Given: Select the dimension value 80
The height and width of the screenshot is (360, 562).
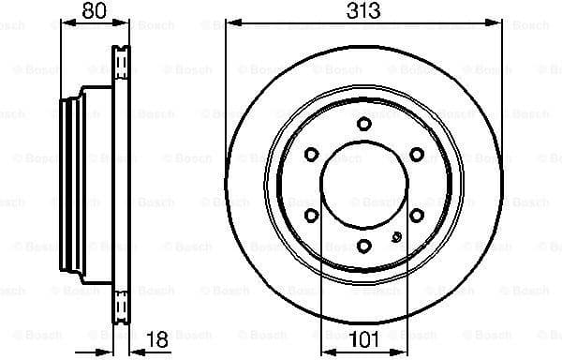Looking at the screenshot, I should click(x=90, y=12).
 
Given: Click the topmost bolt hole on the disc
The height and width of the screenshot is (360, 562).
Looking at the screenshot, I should click(x=363, y=126).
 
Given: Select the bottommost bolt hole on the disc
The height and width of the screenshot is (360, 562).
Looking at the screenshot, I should click(x=363, y=246).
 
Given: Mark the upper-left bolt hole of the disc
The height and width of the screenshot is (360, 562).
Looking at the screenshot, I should click(x=311, y=156).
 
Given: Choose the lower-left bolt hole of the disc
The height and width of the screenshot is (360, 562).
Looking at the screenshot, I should click(x=311, y=216).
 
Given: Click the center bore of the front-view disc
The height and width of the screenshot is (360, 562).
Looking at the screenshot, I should click(x=363, y=186).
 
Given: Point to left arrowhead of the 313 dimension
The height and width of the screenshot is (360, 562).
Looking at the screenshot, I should click(x=231, y=22).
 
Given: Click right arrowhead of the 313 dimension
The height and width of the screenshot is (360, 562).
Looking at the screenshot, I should click(x=496, y=22).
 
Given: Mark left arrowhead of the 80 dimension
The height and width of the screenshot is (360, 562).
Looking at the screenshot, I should click(x=65, y=22).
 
